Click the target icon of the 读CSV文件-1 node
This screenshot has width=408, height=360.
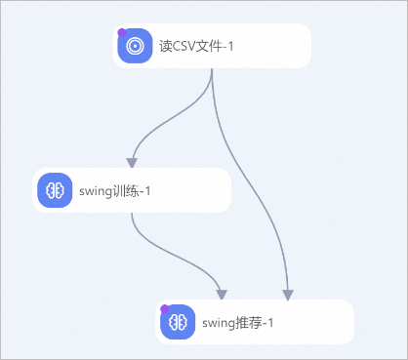coord(136,46)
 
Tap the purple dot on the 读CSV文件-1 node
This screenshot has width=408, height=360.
coord(122,32)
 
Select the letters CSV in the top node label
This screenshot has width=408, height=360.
coord(185,46)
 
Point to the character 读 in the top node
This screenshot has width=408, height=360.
coord(165,46)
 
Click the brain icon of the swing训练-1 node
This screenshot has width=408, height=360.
coord(56,190)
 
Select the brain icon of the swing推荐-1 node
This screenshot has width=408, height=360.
coord(177,322)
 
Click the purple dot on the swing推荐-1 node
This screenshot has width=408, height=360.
coord(164,309)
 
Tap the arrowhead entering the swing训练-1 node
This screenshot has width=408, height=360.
coord(132,162)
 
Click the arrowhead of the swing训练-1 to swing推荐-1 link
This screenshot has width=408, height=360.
coord(223,294)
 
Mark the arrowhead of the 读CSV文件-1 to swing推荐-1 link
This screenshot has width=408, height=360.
coord(288,294)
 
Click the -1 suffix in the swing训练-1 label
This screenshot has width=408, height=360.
coord(143,190)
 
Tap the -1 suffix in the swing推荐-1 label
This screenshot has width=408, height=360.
coord(267,322)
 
